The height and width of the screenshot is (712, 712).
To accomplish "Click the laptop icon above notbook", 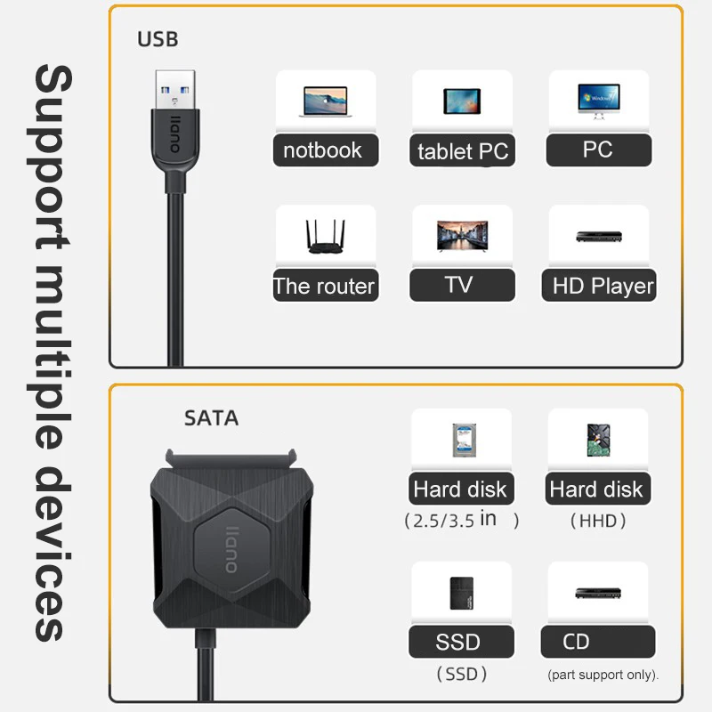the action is (x=325, y=101).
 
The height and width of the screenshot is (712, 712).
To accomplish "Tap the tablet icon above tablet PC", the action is (x=462, y=101).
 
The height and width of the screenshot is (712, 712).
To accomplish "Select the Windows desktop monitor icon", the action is (x=598, y=101).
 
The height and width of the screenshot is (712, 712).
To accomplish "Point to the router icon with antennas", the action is (x=325, y=237).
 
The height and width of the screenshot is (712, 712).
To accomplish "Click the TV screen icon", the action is (x=462, y=236).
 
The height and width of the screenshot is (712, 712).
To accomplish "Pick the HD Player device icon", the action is (x=598, y=237).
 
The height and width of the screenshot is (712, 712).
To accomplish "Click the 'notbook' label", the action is (x=326, y=150).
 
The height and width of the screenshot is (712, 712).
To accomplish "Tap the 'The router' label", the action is (x=326, y=286).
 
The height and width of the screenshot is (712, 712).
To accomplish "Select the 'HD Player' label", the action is (x=599, y=286).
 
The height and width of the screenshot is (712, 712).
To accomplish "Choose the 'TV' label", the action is (x=462, y=285).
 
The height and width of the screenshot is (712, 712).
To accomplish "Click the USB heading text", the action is (x=158, y=39).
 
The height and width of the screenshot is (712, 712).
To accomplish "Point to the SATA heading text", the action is (x=211, y=418).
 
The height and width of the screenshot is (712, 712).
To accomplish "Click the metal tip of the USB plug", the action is (x=175, y=90).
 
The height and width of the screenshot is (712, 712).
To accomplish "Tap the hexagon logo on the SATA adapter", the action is (x=232, y=549).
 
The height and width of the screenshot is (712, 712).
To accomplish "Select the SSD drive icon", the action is (x=461, y=593).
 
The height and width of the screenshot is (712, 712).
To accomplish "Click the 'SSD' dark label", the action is (x=461, y=642).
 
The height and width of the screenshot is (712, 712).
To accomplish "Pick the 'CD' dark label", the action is (x=598, y=642).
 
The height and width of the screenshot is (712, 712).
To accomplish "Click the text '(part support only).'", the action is (x=603, y=675).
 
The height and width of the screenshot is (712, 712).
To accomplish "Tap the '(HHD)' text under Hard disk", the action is (x=598, y=521).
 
